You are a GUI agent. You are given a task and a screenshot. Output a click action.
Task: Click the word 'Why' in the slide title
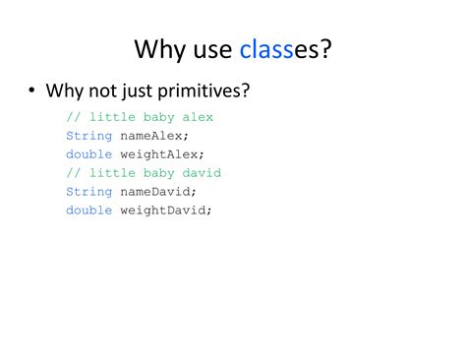point(156,48)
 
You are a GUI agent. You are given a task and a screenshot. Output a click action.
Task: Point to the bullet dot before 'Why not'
point(31,91)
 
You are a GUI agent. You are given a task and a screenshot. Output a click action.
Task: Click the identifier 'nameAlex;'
point(153,136)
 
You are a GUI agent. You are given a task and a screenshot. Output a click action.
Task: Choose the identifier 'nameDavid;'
point(157,192)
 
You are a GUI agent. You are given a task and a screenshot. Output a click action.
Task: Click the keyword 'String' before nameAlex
point(88,136)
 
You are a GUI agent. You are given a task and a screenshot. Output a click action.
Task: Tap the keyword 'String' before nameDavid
point(88,192)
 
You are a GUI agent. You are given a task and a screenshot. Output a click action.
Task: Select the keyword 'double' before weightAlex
point(88,154)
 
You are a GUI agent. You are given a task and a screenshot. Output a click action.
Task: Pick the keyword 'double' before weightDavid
point(88,210)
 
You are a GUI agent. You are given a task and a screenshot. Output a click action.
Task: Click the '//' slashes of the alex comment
point(73,117)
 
